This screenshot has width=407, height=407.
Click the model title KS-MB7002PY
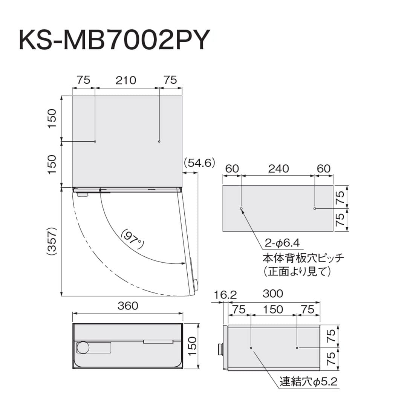pyautogui.click(x=114, y=40)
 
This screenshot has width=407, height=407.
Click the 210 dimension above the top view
pyautogui.click(x=126, y=80)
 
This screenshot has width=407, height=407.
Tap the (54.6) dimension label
pyautogui.click(x=199, y=163)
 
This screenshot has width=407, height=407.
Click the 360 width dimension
pyautogui.click(x=128, y=306)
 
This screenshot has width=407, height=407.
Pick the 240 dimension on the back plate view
pyautogui.click(x=278, y=169)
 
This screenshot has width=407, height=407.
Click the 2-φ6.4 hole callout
pyautogui.click(x=282, y=243)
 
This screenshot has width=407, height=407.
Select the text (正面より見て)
pyautogui.click(x=297, y=271)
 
